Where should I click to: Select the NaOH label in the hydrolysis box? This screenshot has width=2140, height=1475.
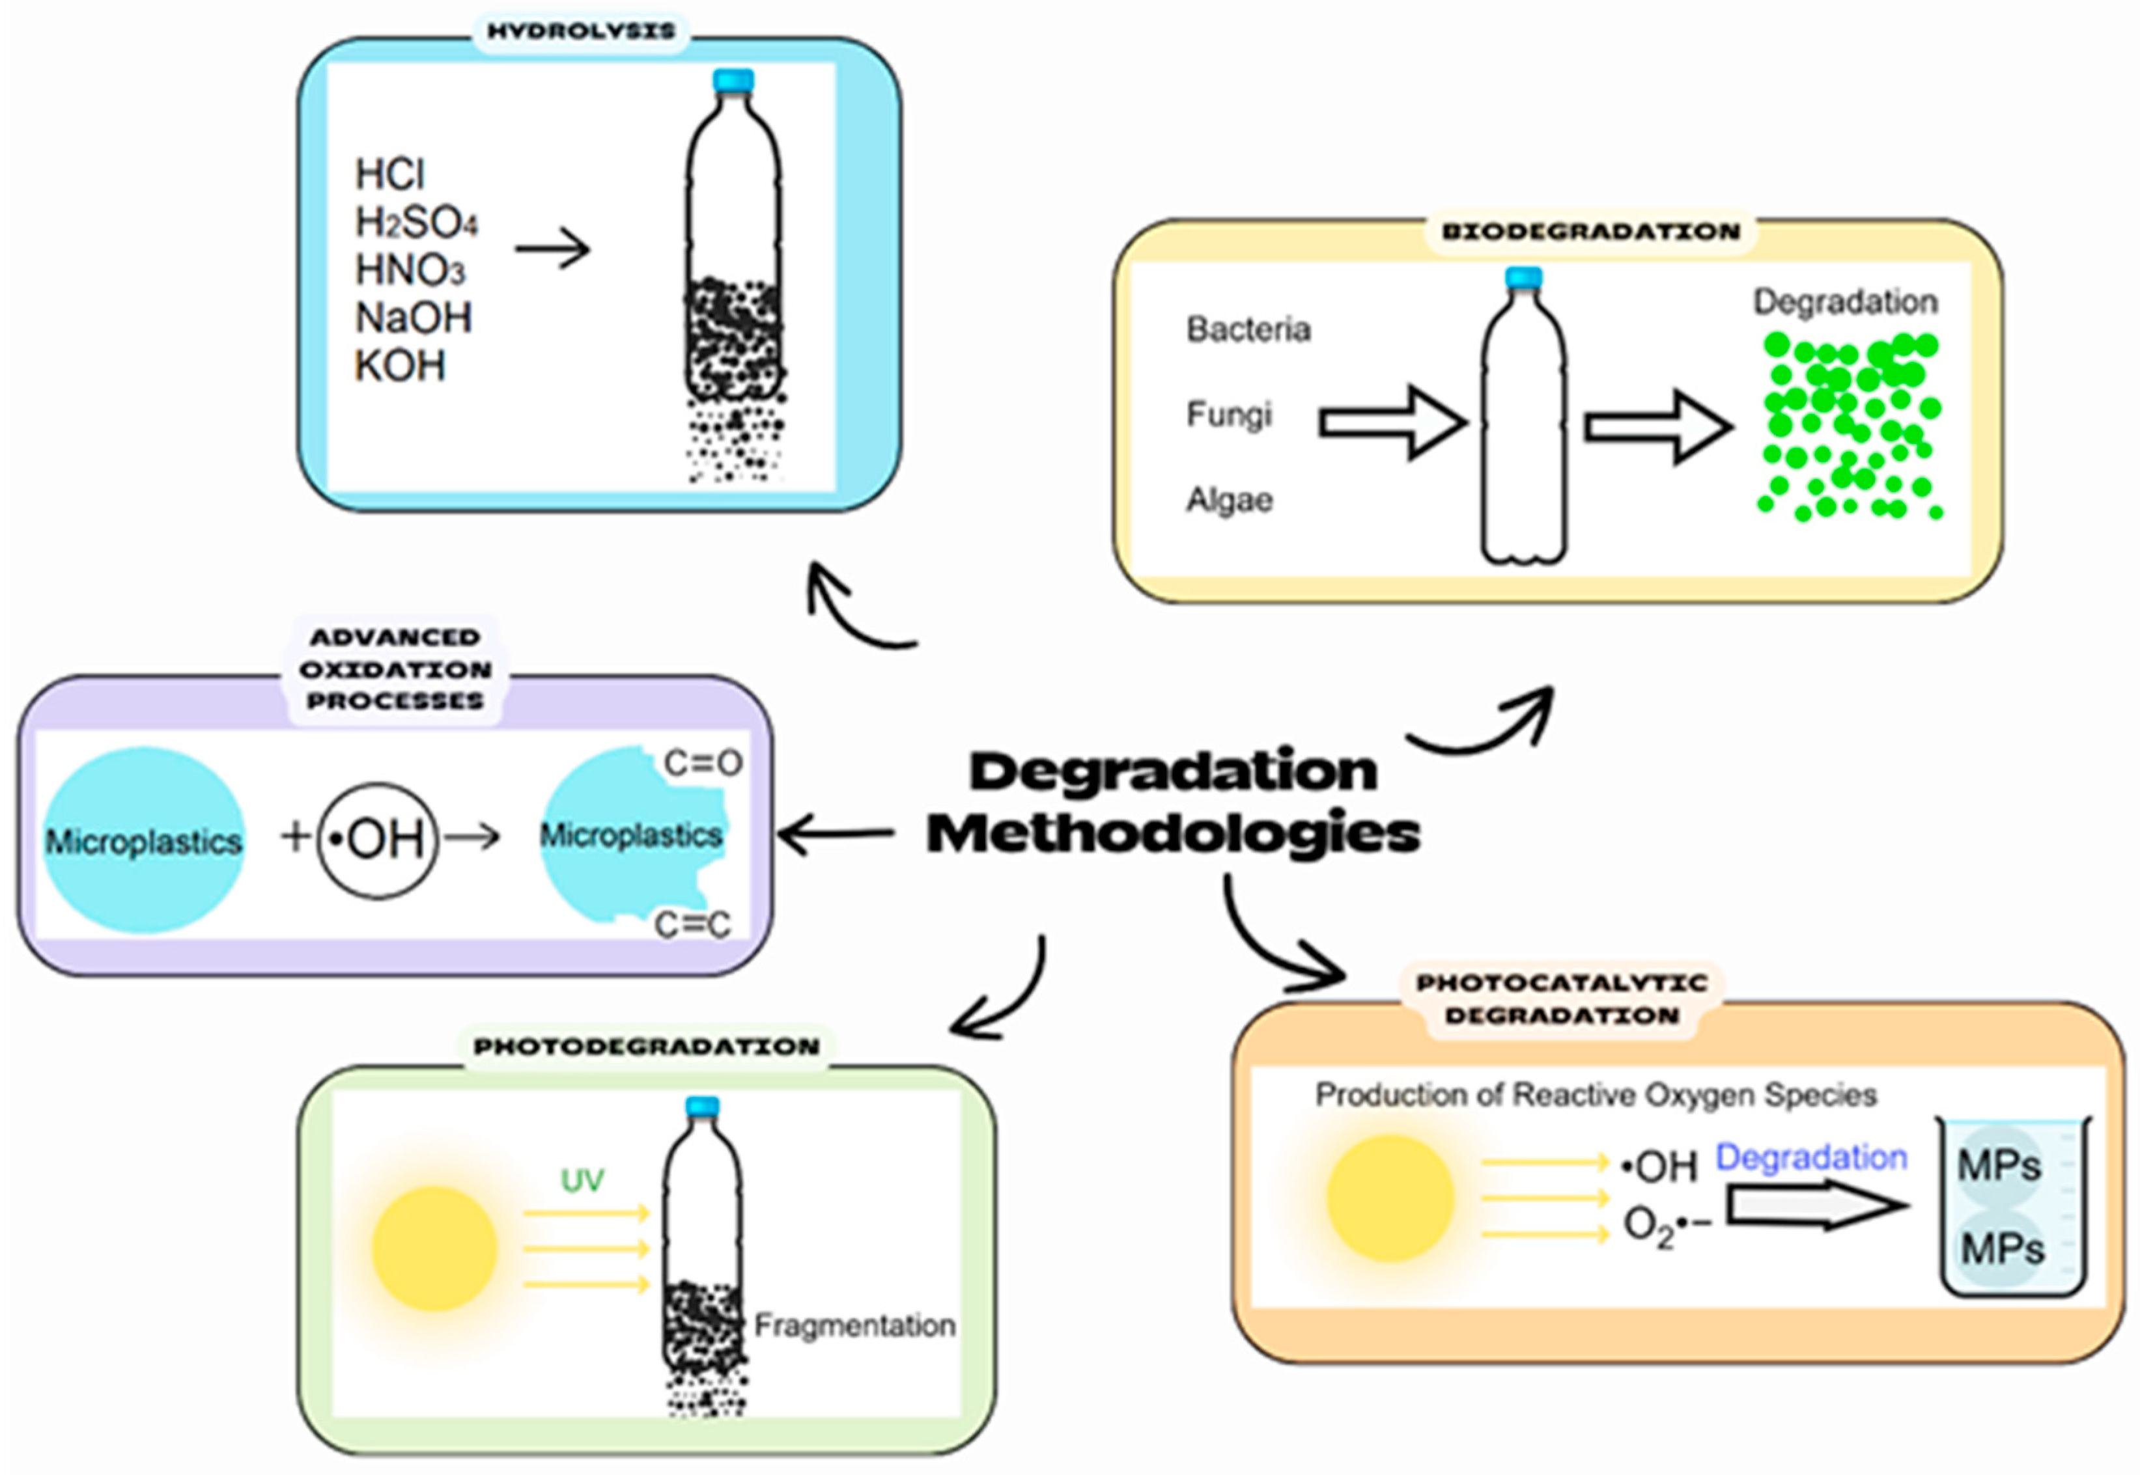point(413,318)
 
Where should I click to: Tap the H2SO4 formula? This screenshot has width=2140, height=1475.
point(416,223)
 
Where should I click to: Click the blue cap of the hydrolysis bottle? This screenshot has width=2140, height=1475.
point(733,81)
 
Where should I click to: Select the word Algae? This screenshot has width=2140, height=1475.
point(1230,500)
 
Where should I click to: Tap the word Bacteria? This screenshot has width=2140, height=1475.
point(1248,329)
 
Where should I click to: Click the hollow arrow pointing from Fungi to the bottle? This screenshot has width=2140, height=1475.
point(1393,423)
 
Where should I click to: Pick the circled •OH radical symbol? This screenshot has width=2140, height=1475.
point(377,840)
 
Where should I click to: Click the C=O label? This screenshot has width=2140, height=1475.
point(703,764)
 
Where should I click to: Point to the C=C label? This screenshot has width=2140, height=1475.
point(692,924)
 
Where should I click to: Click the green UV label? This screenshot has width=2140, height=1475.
point(582,1180)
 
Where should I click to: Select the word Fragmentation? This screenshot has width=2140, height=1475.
point(854,1325)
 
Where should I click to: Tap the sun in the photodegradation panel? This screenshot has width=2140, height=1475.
point(434,1248)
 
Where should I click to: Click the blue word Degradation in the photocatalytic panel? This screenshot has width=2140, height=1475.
point(1811,1158)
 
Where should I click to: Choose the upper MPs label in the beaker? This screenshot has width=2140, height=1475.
point(1999,1166)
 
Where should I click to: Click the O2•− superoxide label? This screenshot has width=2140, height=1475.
point(1668,1226)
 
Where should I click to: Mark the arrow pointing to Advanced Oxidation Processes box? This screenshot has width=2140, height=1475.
point(837,834)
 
